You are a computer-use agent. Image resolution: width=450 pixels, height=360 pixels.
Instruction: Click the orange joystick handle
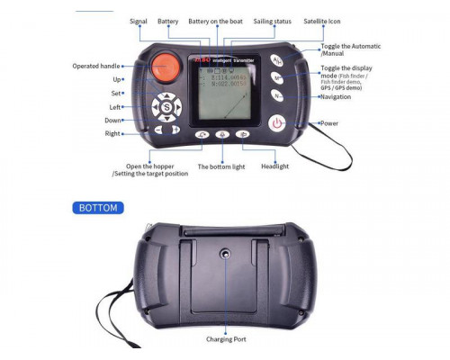click(x=164, y=67)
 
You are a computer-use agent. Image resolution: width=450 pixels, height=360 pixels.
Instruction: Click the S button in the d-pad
click(x=166, y=107)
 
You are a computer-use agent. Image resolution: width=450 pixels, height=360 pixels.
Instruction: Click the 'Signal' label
click(x=139, y=21)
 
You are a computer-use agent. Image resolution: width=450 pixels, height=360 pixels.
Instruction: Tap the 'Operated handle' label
click(x=95, y=66)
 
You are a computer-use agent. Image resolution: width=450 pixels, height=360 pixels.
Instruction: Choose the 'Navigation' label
click(x=337, y=96)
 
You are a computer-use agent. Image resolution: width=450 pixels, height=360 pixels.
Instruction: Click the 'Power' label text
click(x=329, y=123)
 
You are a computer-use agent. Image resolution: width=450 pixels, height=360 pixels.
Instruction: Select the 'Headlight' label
click(x=274, y=166)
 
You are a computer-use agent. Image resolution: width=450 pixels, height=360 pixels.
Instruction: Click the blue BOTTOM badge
click(x=98, y=207)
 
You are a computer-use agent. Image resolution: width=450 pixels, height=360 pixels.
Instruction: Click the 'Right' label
click(x=112, y=133)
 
